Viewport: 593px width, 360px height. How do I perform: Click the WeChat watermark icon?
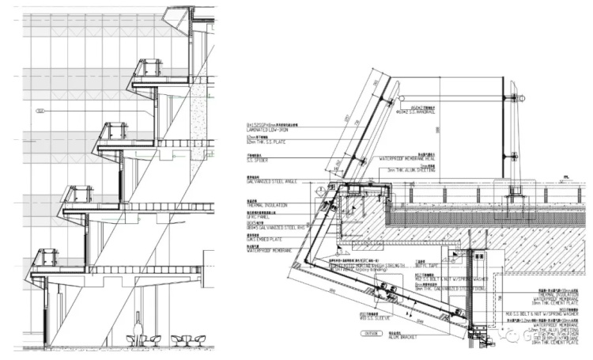click(514, 335)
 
